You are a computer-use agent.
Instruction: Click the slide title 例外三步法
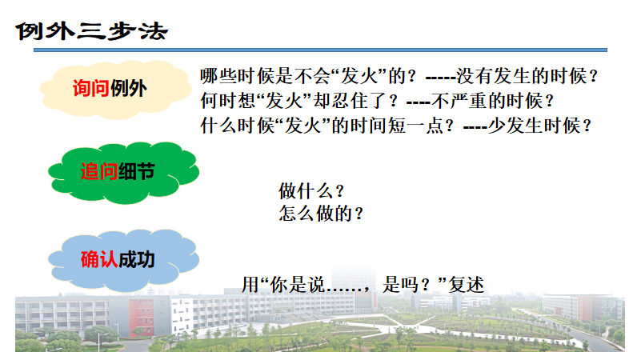[92, 31]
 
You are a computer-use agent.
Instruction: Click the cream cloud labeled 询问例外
[114, 90]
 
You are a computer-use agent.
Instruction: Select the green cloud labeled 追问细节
[123, 173]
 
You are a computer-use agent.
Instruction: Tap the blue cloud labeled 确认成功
[123, 260]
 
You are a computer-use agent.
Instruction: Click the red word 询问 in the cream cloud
[91, 88]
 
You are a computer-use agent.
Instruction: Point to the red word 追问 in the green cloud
[99, 171]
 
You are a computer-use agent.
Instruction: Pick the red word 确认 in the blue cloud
[99, 259]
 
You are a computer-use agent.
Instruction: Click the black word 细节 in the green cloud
[137, 171]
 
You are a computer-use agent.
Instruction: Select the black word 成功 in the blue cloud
[137, 259]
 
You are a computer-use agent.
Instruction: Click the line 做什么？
[311, 191]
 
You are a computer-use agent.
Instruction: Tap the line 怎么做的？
[321, 214]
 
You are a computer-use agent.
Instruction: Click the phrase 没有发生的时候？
[527, 76]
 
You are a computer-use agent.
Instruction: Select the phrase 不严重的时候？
[493, 101]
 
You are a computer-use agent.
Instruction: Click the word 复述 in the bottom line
[467, 285]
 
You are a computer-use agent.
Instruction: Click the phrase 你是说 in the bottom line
[297, 285]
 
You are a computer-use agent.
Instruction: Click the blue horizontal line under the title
[320, 50]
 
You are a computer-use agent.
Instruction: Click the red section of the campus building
[141, 318]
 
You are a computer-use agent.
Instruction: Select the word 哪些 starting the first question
[218, 76]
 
